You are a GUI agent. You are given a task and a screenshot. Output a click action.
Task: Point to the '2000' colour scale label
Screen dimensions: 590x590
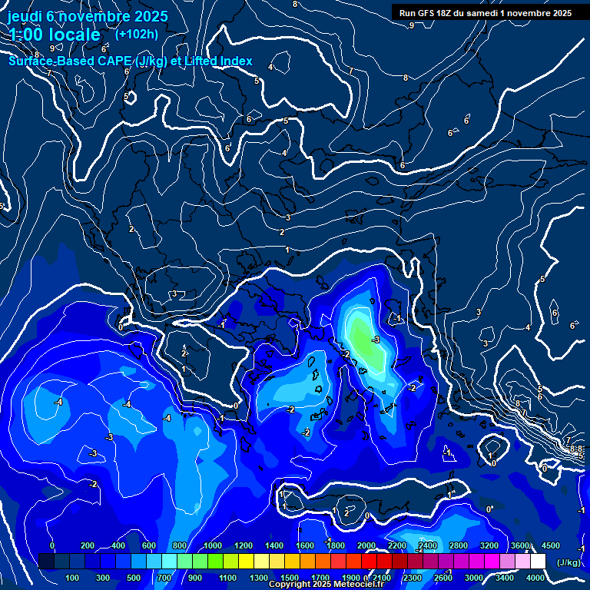click(366, 545)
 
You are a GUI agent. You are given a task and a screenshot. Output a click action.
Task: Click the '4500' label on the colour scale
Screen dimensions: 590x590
click(550, 545)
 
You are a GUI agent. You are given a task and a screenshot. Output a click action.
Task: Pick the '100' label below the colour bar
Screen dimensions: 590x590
click(73, 578)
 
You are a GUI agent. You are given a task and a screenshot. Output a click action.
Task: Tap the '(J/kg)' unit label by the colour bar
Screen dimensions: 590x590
click(568, 562)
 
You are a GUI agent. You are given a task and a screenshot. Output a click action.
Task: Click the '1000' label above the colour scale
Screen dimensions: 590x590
click(213, 545)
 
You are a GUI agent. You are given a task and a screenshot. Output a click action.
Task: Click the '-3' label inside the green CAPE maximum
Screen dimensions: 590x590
click(375, 340)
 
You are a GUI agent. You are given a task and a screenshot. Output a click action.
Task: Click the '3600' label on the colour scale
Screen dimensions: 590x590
click(520, 545)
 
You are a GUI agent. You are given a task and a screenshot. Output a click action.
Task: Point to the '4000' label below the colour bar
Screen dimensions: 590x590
click(535, 578)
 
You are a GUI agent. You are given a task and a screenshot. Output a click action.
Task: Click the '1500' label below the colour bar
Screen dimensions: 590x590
click(290, 578)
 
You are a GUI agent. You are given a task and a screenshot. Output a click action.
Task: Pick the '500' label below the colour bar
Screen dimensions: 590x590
click(134, 578)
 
